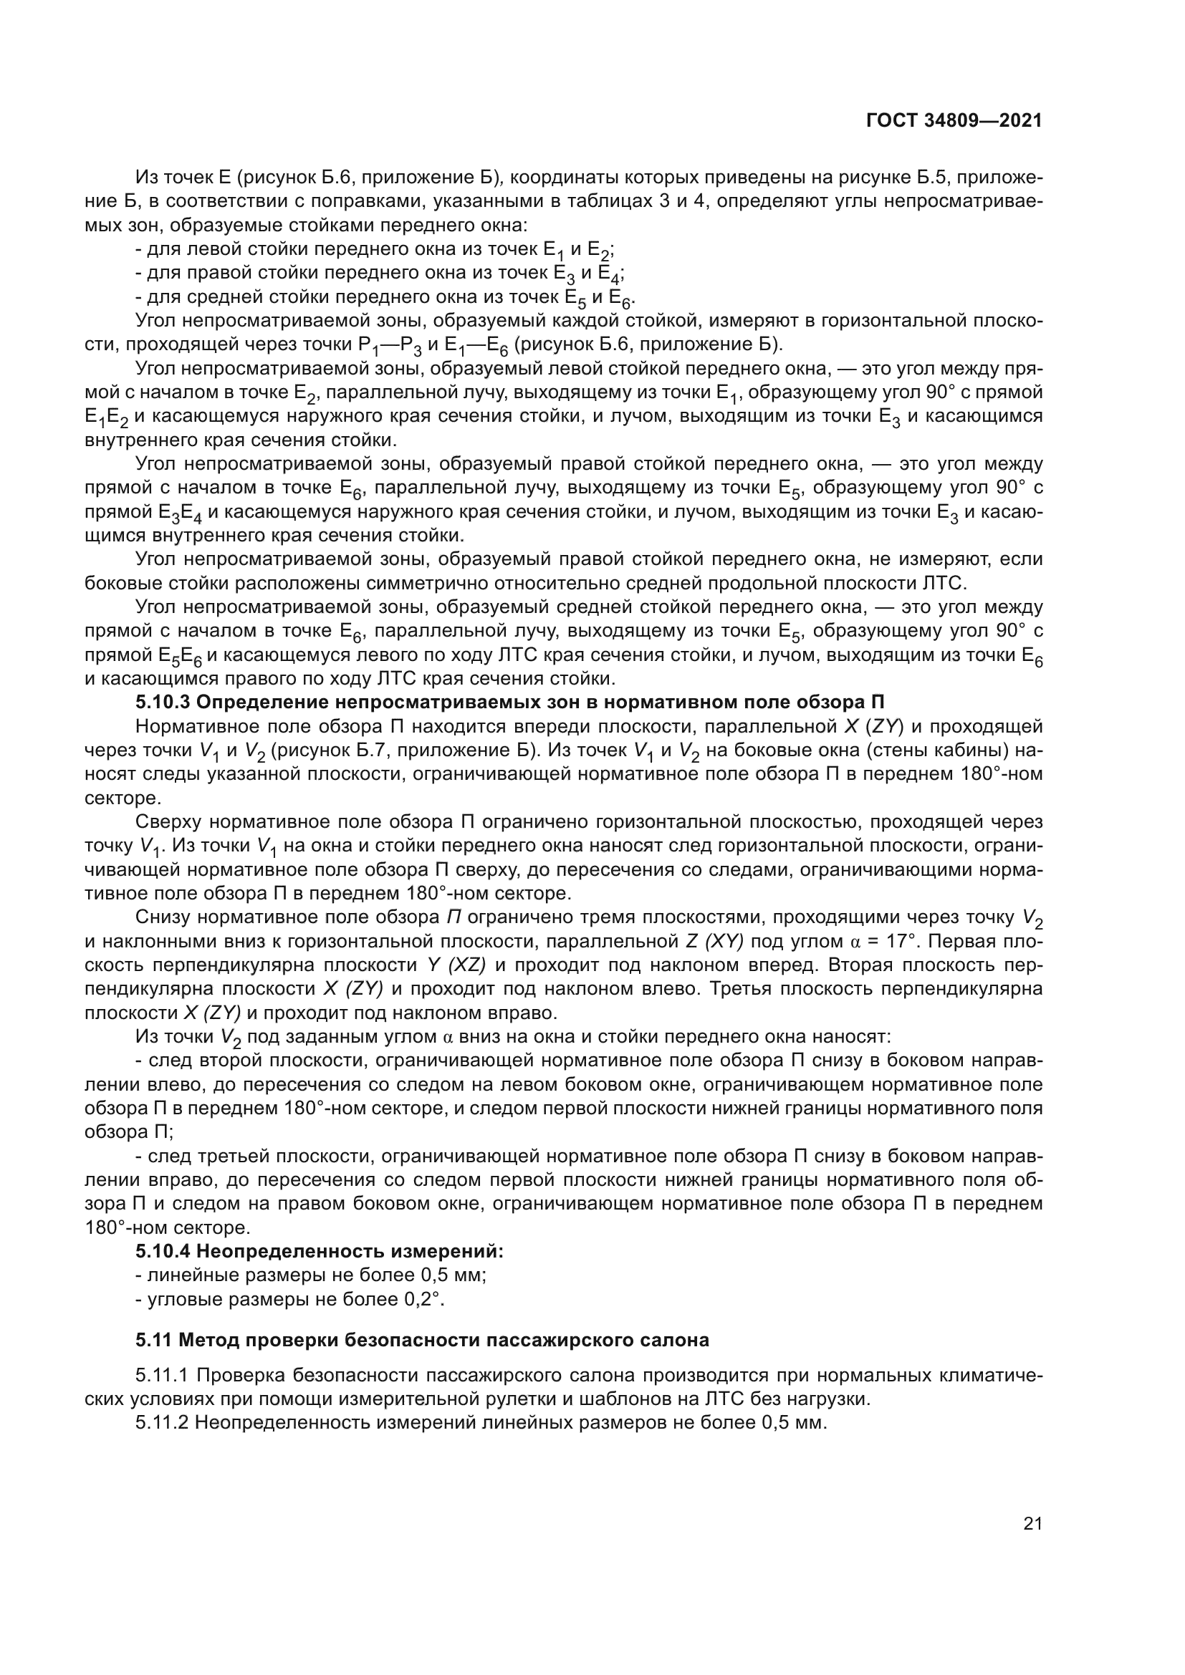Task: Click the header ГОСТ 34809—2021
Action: [954, 120]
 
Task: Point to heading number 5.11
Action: [153, 1340]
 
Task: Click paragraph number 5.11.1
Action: [162, 1376]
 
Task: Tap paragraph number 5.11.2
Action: [162, 1423]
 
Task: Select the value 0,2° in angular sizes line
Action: [424, 1299]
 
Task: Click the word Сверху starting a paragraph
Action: [168, 822]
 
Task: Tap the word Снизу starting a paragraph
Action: [163, 918]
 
